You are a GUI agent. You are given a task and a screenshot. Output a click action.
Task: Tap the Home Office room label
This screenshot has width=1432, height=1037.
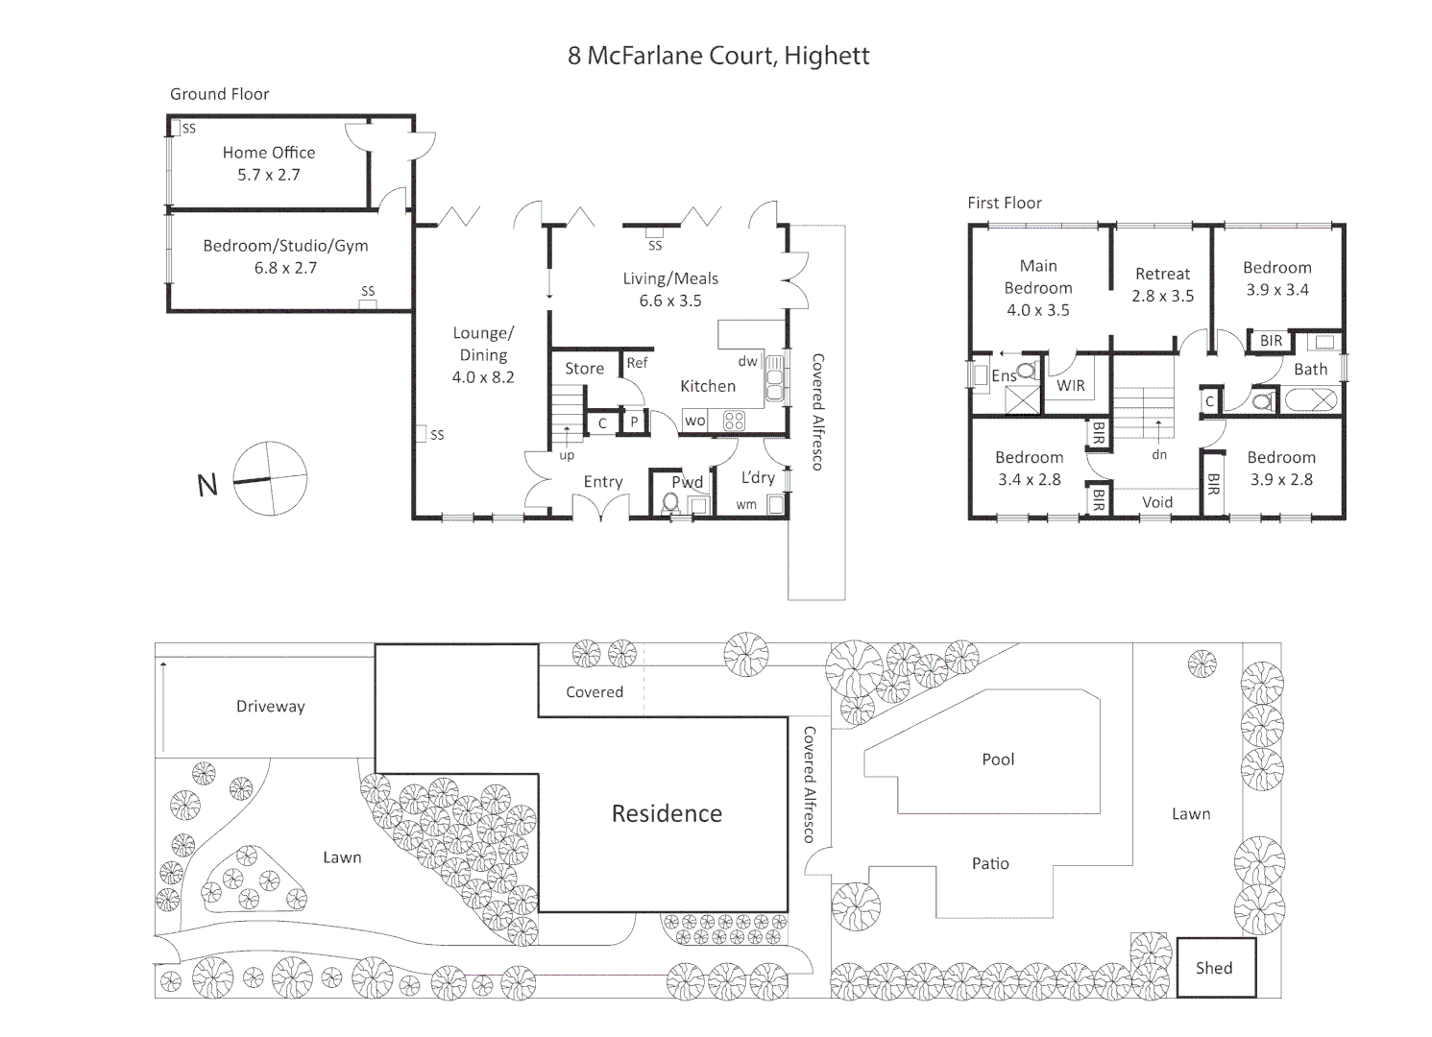[x=268, y=153]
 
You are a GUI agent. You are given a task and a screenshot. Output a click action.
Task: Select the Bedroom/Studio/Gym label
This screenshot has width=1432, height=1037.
[x=285, y=246]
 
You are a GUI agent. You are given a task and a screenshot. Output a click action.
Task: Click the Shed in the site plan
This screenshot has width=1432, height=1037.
[x=1214, y=968]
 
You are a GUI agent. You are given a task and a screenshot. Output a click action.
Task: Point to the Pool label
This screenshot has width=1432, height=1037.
[x=998, y=760]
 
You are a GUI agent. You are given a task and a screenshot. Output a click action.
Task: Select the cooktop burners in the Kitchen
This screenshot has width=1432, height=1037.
[x=735, y=421]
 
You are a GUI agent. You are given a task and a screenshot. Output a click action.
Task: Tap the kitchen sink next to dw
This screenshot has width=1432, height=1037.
[x=774, y=378]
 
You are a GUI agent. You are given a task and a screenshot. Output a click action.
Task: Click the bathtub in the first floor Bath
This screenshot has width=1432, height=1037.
[x=1310, y=400]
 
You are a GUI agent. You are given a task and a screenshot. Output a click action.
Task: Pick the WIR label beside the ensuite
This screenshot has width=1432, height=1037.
[x=1071, y=386]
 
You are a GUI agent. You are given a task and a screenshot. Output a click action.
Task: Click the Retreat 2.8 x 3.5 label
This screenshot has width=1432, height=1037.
[x=1162, y=285]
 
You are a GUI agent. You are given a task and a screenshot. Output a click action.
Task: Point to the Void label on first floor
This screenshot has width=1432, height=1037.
[x=1157, y=502]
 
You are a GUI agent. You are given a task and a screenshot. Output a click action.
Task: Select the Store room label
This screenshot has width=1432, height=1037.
[x=584, y=369]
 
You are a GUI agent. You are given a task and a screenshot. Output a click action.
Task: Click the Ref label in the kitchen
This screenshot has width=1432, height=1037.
[x=637, y=363]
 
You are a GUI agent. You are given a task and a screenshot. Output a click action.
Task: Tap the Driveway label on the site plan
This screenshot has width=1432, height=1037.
[x=270, y=707]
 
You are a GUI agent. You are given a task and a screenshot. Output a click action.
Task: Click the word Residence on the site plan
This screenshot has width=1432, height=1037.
[x=667, y=814]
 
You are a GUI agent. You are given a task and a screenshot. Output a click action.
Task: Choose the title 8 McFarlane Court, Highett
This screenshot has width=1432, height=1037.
[x=718, y=56]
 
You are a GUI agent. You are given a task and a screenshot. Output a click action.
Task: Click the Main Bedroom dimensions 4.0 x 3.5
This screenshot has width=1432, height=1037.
[x=1037, y=310]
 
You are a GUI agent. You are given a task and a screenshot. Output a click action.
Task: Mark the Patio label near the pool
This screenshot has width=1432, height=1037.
[x=990, y=864]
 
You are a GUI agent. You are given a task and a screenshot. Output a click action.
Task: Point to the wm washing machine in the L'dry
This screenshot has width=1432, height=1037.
[x=774, y=504]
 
